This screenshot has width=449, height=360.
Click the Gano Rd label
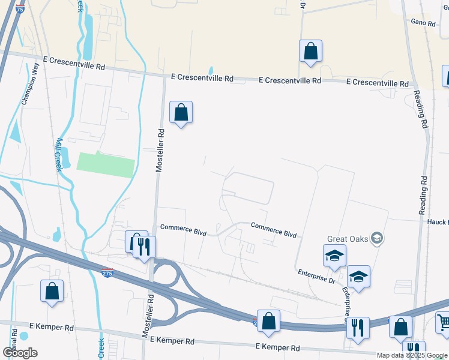click(423, 23)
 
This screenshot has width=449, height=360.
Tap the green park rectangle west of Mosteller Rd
click(106, 164)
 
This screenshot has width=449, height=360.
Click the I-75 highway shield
click(20, 10)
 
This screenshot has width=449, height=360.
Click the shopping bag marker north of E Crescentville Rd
click(311, 52)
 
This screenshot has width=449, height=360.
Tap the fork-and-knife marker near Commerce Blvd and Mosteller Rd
click(144, 247)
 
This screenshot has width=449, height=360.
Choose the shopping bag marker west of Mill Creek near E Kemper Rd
click(52, 292)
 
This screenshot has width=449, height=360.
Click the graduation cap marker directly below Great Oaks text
click(334, 256)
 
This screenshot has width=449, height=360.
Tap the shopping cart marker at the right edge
click(444, 323)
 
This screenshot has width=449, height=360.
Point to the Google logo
click(20, 352)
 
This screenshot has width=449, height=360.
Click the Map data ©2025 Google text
click(411, 355)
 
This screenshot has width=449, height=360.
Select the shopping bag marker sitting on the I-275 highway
click(268, 321)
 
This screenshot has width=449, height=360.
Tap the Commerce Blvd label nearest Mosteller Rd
click(183, 227)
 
